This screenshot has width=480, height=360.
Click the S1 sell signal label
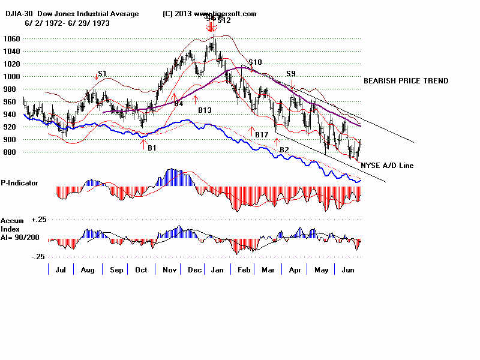102,74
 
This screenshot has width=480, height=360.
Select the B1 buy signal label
152,148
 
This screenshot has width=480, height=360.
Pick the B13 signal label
205,110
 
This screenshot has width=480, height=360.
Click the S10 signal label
255,62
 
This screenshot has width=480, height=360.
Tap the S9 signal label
292,74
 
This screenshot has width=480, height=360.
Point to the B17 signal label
261,135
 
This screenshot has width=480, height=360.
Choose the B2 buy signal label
284,149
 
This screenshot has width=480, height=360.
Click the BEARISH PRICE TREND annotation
406,81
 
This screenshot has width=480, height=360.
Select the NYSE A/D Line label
387,165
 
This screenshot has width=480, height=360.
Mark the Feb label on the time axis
243,270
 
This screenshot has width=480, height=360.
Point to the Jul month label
61,270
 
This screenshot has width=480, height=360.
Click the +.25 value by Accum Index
39,220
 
